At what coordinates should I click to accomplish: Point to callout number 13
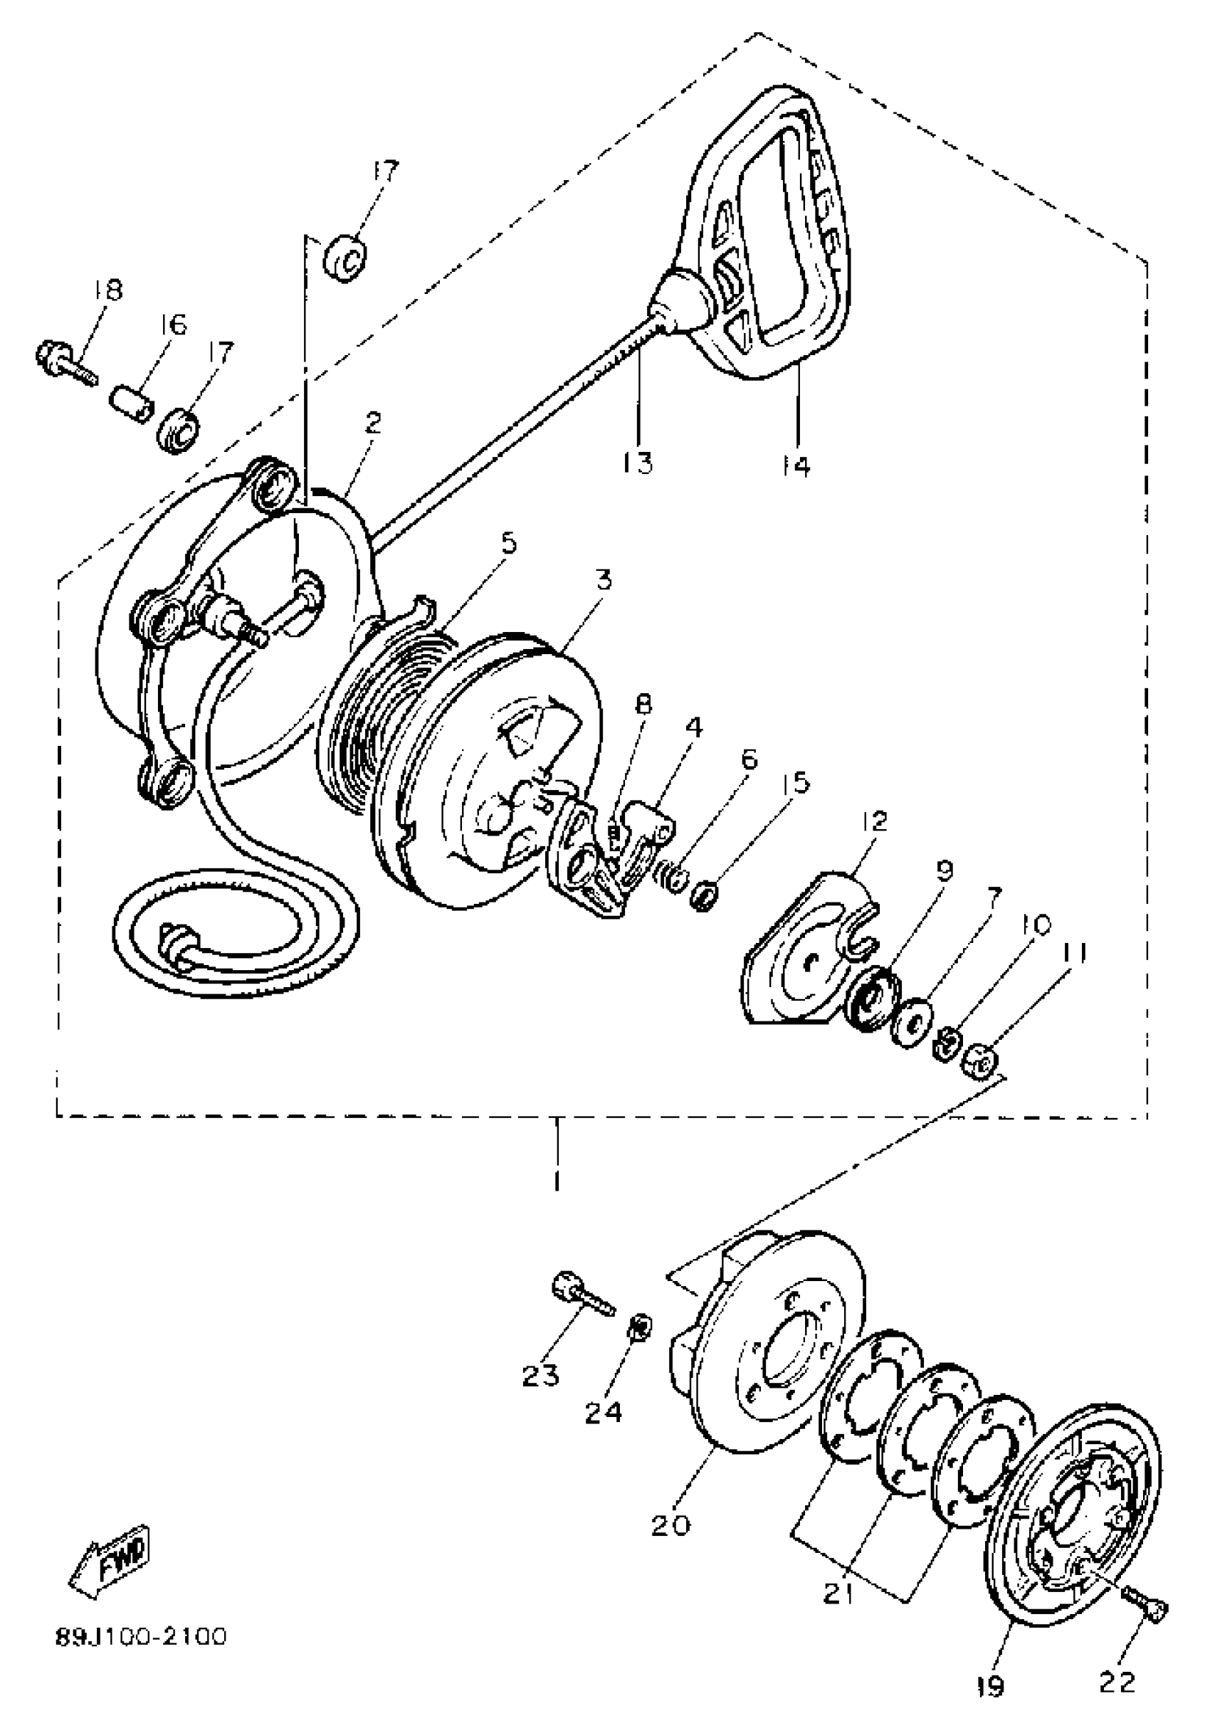pos(638,462)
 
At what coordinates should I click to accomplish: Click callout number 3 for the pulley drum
pos(603,579)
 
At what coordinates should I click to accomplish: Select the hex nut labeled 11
pos(983,1064)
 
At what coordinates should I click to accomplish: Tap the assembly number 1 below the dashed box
pos(557,1180)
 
